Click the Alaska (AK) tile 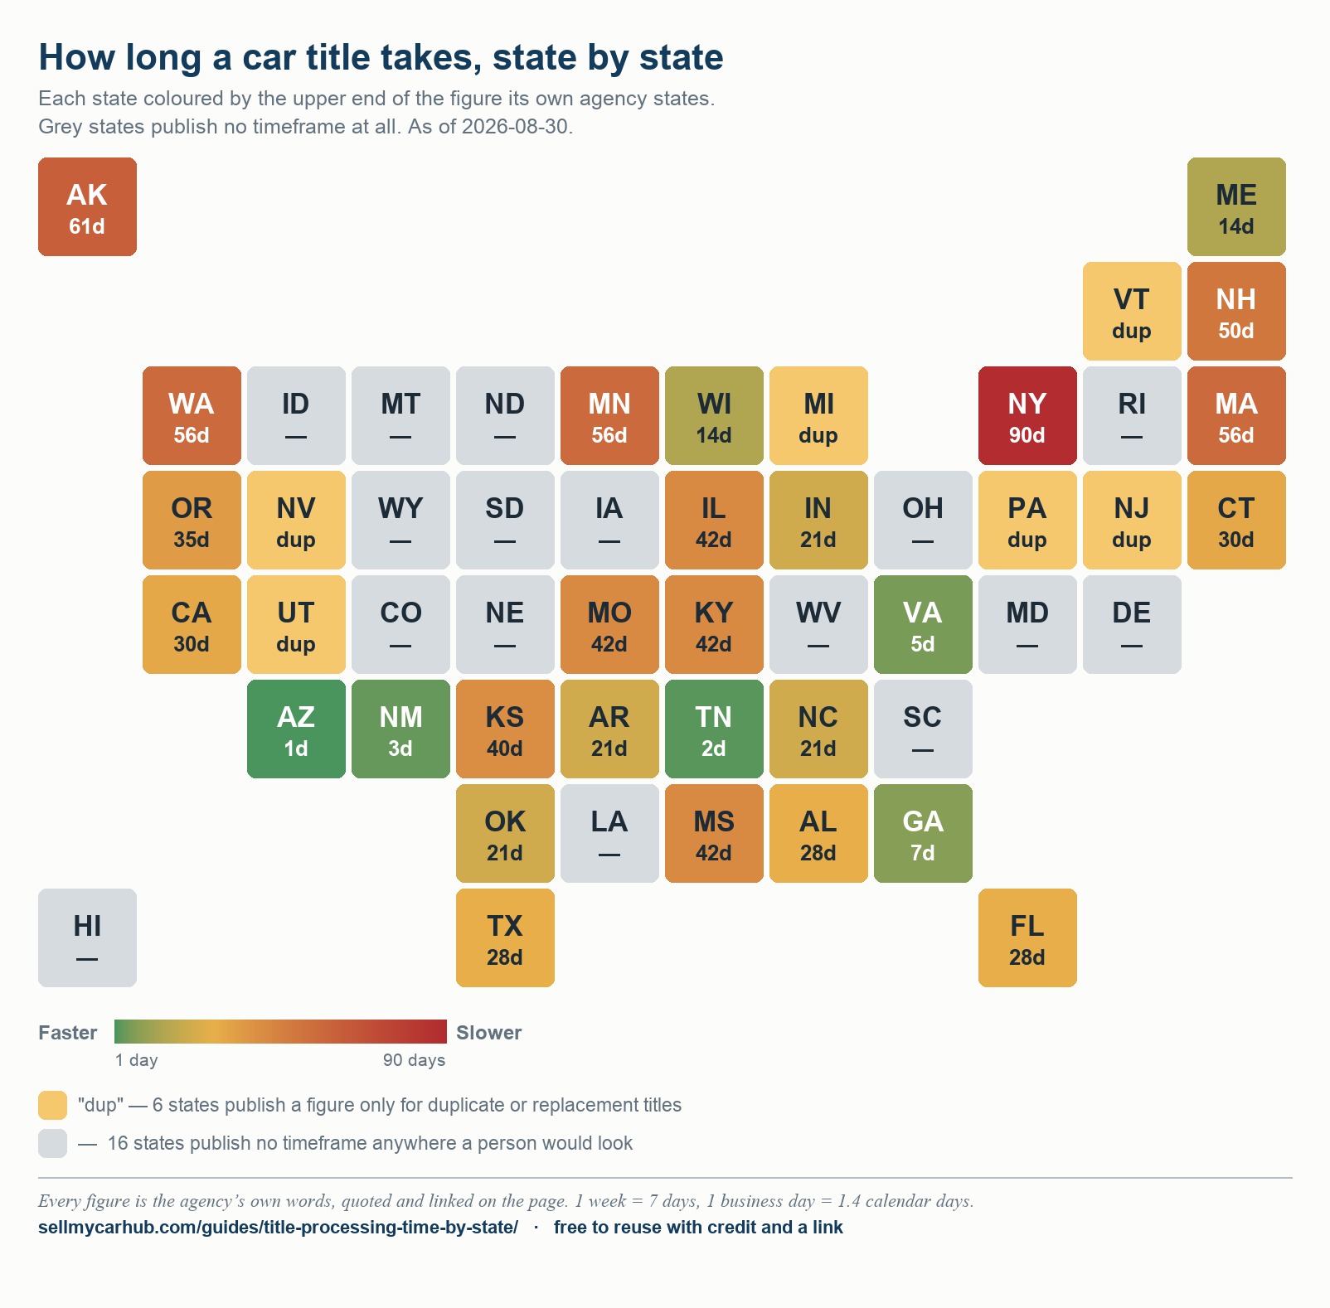pos(87,206)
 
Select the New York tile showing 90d pos(1027,415)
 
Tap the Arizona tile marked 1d pos(296,729)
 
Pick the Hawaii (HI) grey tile pos(87,937)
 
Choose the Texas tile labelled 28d pos(505,937)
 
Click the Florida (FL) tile pos(1027,937)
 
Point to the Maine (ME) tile pos(1236,206)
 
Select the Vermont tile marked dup pos(1132,311)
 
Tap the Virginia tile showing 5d pos(923,624)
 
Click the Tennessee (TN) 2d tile pos(714,729)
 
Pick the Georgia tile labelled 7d pos(923,833)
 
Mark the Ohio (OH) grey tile pos(923,520)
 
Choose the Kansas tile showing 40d pos(505,729)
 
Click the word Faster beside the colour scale pos(68,1033)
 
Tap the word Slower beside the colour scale pos(488,1033)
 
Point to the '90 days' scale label pos(414,1060)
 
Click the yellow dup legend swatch pos(52,1105)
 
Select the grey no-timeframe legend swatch pos(52,1143)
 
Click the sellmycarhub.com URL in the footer pos(278,1227)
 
